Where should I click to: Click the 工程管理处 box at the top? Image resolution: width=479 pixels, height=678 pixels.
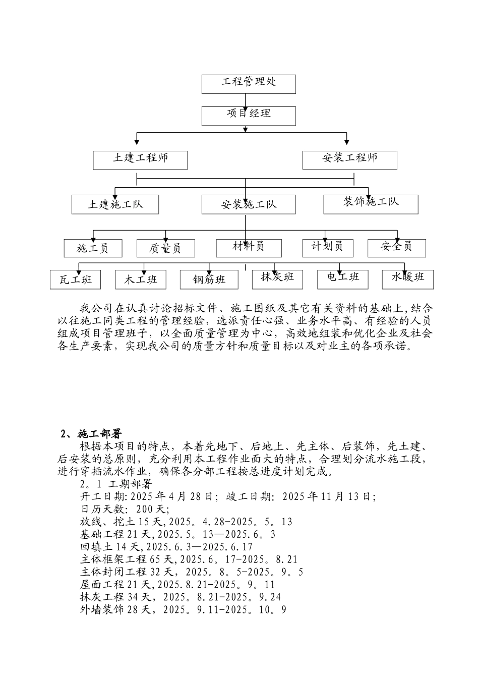249,84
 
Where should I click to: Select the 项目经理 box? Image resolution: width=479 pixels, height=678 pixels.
249,115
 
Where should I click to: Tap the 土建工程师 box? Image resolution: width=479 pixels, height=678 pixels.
140,159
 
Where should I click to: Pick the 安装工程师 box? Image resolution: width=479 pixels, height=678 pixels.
349,159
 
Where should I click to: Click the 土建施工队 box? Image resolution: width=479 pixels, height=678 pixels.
115,204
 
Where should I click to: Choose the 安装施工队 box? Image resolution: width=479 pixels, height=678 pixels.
249,205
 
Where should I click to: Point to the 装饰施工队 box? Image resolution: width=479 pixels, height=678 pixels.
371,203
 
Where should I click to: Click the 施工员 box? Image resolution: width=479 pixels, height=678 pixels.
93,248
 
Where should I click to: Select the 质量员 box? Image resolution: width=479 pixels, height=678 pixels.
166,248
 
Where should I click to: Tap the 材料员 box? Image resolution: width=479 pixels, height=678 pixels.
249,247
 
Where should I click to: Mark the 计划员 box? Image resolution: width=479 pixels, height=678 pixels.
327,247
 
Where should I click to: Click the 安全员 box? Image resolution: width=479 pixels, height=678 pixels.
396,247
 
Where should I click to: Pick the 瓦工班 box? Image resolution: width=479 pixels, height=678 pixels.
75,279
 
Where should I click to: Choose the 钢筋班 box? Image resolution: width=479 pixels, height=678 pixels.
209,279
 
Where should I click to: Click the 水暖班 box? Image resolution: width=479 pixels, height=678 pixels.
408,278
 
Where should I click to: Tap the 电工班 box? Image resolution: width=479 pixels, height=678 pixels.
343,278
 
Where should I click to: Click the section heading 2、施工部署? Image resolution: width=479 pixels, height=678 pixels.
91,434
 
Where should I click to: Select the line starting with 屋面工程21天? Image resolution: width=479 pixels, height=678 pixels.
178,585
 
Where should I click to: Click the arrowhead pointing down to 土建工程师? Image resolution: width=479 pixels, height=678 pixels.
137,142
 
